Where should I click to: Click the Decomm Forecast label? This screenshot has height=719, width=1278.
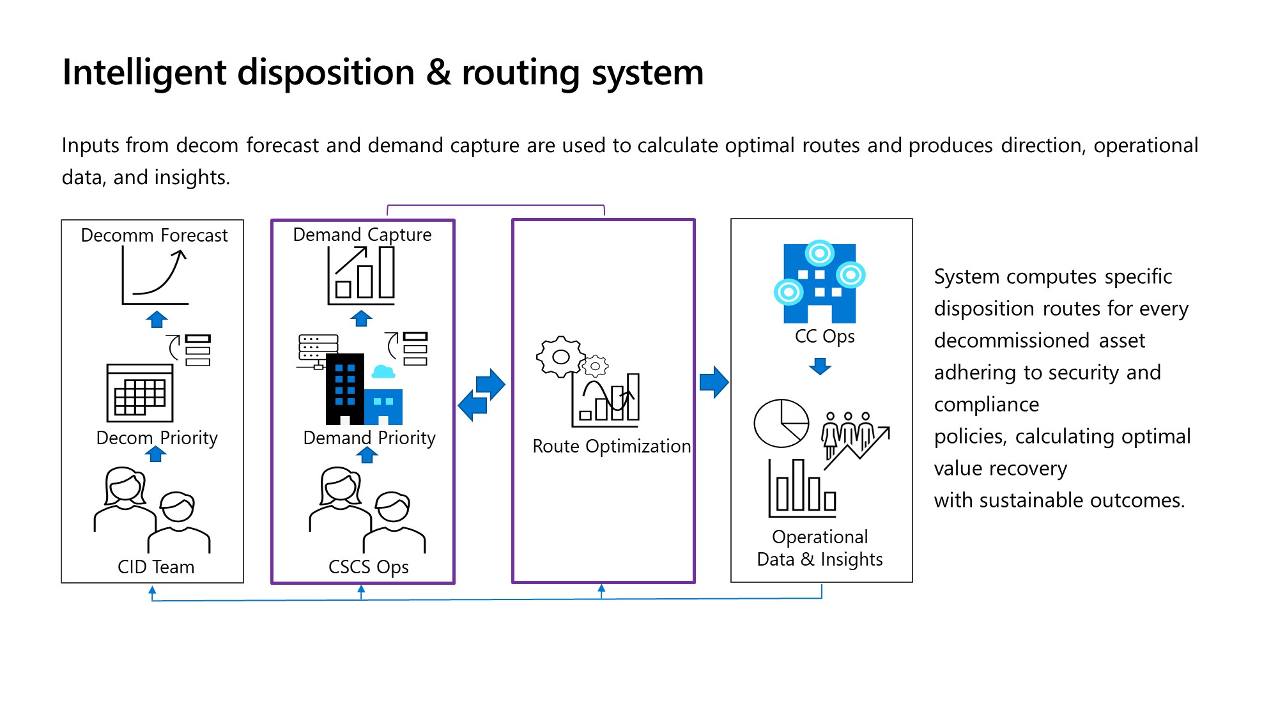click(154, 235)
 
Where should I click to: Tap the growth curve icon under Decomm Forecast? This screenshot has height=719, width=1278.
click(155, 276)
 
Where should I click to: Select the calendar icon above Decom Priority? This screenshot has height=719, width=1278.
click(140, 393)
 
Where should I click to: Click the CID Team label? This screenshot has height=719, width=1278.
click(156, 567)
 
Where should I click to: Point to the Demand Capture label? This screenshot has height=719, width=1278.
click(362, 235)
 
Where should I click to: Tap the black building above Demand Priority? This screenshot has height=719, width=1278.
click(344, 390)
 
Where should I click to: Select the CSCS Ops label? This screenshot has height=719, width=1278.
click(368, 567)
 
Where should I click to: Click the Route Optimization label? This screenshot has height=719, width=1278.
click(612, 446)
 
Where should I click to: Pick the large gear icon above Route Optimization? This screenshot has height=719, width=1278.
click(560, 357)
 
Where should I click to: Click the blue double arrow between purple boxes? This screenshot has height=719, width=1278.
click(482, 394)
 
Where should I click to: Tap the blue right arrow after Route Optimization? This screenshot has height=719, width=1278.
click(714, 382)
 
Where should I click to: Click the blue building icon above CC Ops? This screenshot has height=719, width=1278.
click(820, 282)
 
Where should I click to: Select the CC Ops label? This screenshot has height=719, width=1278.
click(824, 336)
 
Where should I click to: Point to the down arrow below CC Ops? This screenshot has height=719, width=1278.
click(820, 366)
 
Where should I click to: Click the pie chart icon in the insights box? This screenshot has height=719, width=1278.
click(781, 423)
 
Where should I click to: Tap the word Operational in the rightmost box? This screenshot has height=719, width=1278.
click(820, 537)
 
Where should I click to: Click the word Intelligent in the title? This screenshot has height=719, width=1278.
click(144, 72)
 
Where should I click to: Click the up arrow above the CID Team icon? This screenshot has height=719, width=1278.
click(155, 454)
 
